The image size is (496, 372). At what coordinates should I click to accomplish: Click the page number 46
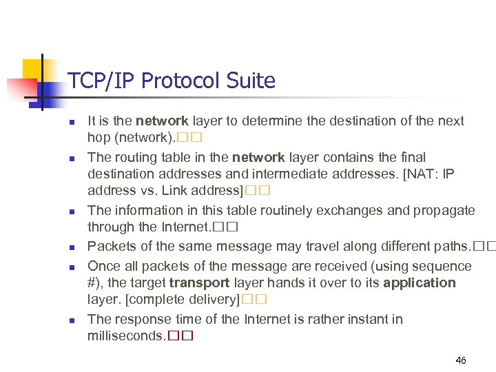(461, 360)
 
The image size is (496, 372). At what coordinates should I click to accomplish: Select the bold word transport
(200, 283)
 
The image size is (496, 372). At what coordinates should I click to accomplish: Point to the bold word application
(420, 283)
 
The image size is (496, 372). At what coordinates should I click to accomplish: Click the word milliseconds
(126, 336)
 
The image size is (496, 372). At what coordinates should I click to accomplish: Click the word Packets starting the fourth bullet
(112, 246)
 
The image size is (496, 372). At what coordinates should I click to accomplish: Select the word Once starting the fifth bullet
(103, 266)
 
